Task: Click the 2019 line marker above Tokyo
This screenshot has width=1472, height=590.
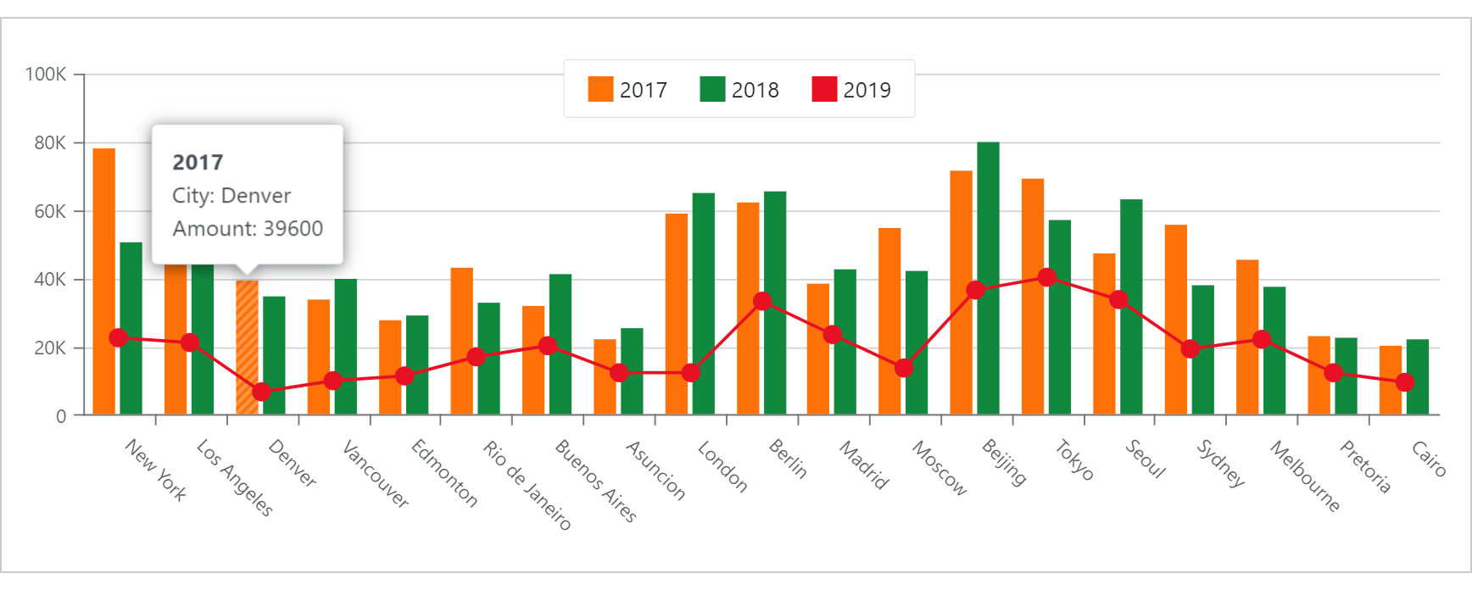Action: pos(1047,277)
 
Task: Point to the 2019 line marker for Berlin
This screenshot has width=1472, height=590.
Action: pos(762,301)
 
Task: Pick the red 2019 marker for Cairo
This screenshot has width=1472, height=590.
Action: pos(1404,382)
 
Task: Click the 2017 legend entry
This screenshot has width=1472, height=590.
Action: pos(627,89)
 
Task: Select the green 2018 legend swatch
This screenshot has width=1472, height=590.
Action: pos(712,89)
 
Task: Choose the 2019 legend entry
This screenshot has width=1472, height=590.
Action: pos(851,89)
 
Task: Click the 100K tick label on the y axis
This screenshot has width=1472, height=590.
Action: pos(46,75)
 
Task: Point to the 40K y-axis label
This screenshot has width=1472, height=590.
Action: pos(50,280)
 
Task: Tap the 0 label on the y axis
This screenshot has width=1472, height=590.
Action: pos(61,416)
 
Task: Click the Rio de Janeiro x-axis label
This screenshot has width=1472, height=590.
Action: pos(527,485)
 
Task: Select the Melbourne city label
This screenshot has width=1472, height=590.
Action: pos(1304,476)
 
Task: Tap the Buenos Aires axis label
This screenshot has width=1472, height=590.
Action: pos(594,480)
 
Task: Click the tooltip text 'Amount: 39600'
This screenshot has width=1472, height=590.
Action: pos(248,229)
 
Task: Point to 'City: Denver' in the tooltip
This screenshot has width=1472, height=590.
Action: pos(231,196)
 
